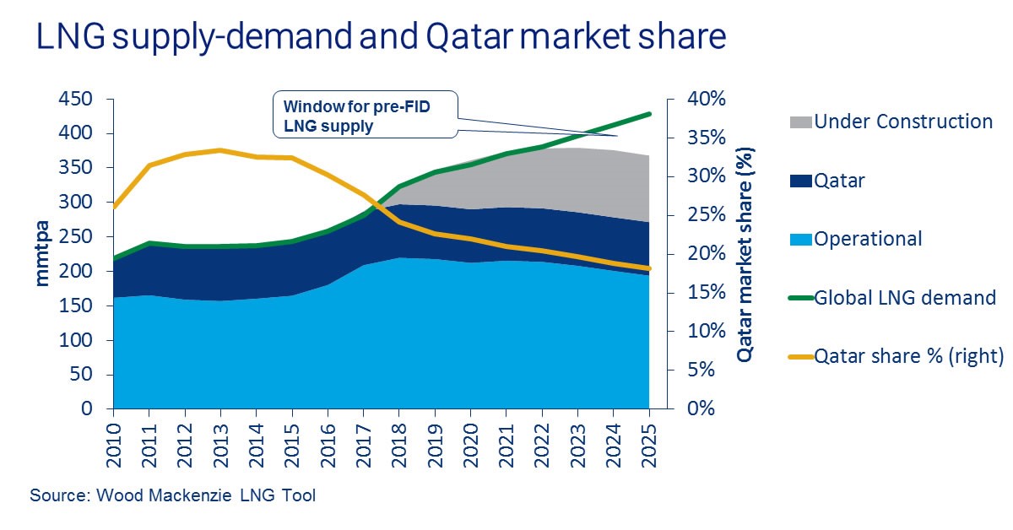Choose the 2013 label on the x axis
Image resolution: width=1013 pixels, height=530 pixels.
coord(220,438)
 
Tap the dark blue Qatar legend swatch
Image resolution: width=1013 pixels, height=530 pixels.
coord(800,181)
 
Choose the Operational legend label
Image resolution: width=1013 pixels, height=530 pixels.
coord(869,239)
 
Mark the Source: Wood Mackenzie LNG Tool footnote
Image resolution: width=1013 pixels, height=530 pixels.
coord(172,495)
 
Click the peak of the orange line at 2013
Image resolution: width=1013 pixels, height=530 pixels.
coord(219,150)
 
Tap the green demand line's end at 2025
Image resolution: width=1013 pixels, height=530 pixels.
coord(649,113)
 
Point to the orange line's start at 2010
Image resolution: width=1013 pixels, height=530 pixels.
coord(113,207)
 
